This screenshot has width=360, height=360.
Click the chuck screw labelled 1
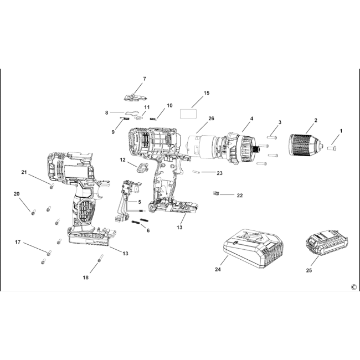coord(332,148)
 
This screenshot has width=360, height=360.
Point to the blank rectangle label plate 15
coord(188,114)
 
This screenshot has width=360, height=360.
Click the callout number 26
coord(211,119)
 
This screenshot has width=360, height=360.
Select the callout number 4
coord(251,119)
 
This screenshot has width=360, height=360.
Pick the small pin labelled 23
coord(197,172)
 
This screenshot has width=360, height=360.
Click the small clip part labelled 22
coord(216,193)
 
